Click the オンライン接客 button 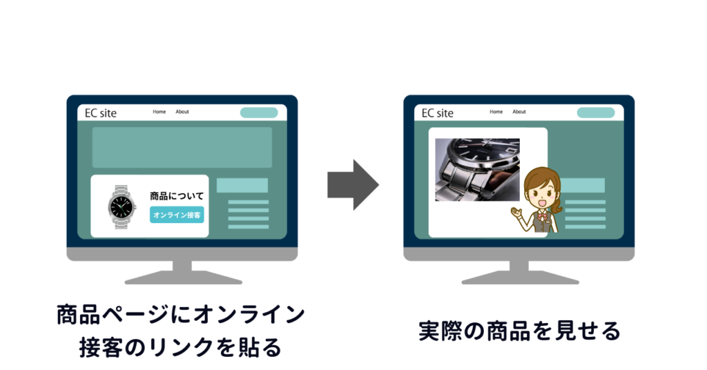coord(177,215)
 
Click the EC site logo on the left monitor coord(101,113)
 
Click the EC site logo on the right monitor coord(438,113)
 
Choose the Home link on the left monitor coord(159,112)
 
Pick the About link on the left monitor coord(182,112)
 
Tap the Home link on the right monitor coord(496,112)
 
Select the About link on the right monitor coord(519,112)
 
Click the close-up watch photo coord(477,170)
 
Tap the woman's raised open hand coord(515,212)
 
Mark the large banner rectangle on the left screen coord(182,147)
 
